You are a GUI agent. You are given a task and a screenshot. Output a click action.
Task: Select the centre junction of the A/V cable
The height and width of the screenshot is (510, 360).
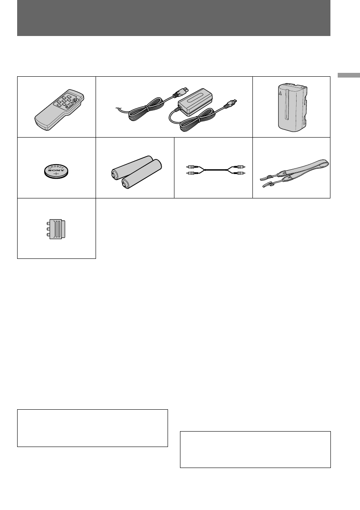pos(213,170)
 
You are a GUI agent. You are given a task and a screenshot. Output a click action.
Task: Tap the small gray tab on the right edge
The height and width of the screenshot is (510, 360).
pos(348,75)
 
